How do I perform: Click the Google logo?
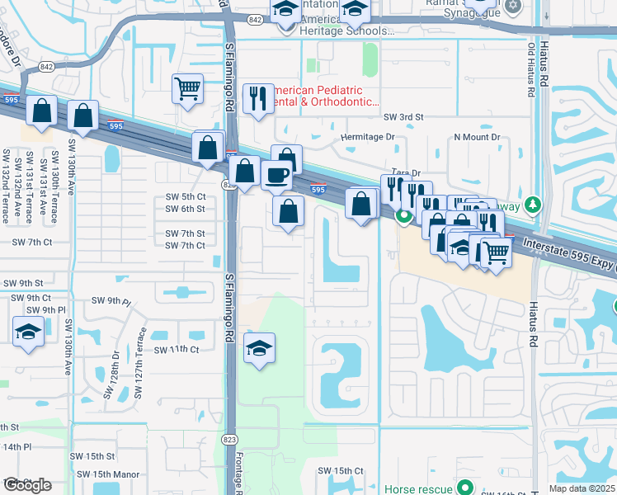pos(26,485)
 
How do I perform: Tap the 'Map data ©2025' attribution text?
pos(582,488)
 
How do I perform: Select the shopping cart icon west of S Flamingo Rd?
pos(188,89)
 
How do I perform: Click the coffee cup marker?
pos(276,175)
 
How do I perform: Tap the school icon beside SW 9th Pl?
pos(29,333)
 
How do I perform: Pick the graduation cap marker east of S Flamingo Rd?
pos(259,348)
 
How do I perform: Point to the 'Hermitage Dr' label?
pos(367,137)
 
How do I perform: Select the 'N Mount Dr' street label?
pos(477,137)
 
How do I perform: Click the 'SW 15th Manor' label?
pos(108,474)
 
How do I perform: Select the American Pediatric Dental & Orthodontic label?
pos(324,97)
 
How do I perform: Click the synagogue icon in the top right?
pos(512,7)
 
